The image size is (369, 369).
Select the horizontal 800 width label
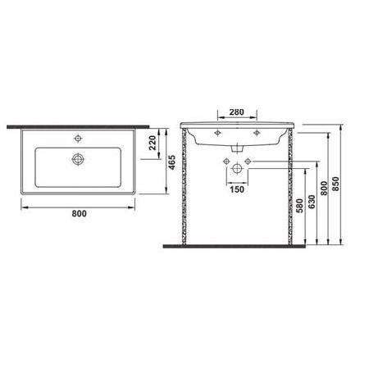point(80,213)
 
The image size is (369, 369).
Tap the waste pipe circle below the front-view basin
point(236,168)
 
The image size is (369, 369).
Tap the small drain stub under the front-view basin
point(236,148)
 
